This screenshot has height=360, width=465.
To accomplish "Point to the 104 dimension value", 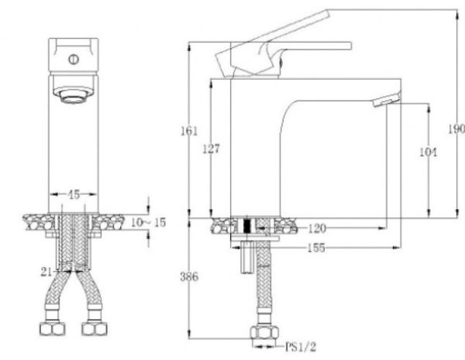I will coord(427,153).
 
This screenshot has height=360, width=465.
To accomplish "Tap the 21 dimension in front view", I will coord(47,271).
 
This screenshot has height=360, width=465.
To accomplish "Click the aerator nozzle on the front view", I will coord(74,97).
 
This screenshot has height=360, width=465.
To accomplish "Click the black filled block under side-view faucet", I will coord(246,227).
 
